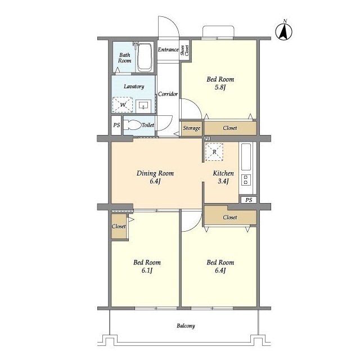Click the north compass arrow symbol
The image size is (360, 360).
click(x=283, y=31)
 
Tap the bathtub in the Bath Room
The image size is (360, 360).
click(x=145, y=57)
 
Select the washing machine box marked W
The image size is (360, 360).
click(x=123, y=105)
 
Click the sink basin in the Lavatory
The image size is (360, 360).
click(x=143, y=106)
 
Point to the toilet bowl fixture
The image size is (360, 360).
click(x=132, y=125)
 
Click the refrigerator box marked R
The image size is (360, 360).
click(x=214, y=152)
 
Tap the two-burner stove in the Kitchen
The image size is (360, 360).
click(x=246, y=180)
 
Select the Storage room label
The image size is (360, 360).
click(x=191, y=128)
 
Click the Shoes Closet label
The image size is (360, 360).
click(x=184, y=50)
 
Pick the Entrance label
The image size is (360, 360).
click(x=168, y=49)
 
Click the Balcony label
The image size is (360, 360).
click(x=186, y=326)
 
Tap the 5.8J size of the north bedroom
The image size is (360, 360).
click(x=220, y=87)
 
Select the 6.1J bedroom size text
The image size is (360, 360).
click(x=147, y=271)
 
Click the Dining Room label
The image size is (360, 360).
click(x=155, y=173)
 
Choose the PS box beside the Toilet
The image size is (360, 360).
click(x=116, y=125)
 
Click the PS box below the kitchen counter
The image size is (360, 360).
click(x=249, y=200)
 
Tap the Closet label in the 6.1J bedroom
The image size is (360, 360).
click(x=119, y=226)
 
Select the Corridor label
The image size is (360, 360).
click(x=168, y=94)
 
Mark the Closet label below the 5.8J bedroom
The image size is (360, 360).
click(x=230, y=128)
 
